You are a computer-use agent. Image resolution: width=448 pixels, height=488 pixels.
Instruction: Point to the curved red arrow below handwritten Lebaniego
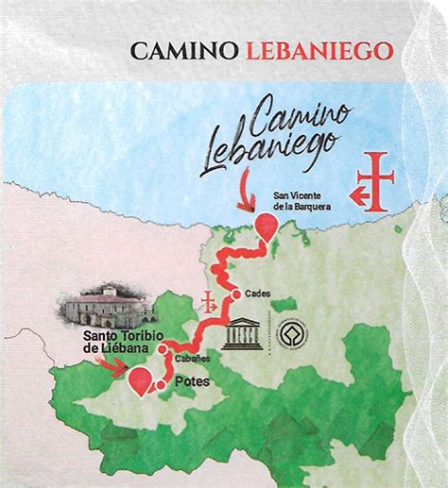[250, 195]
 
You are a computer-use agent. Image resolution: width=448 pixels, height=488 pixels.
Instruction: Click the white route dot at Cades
[235, 292]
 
